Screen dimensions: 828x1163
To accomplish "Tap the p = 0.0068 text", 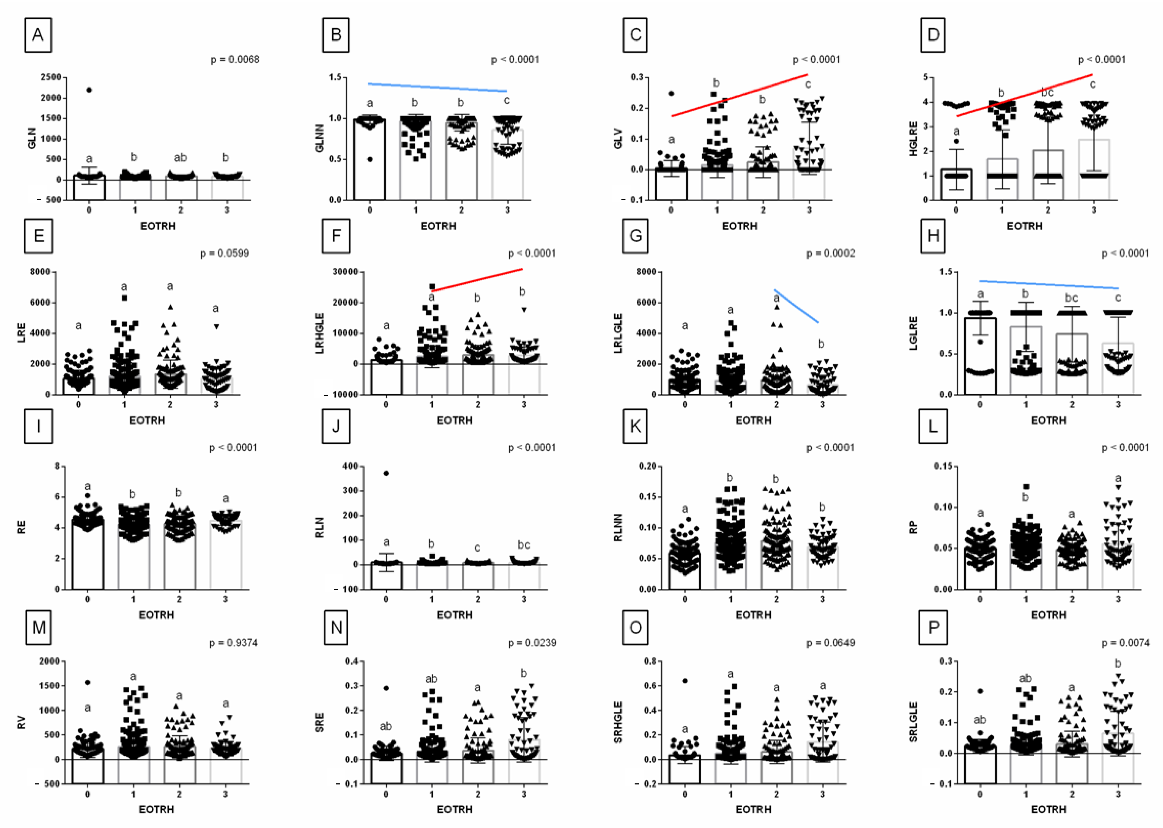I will [235, 60].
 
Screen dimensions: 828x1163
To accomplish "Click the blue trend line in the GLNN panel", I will [437, 87].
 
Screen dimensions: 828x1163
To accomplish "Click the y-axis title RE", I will [21, 527].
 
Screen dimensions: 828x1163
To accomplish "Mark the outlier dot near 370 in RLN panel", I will [386, 473].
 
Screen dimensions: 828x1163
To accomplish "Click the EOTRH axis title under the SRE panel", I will [455, 810].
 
